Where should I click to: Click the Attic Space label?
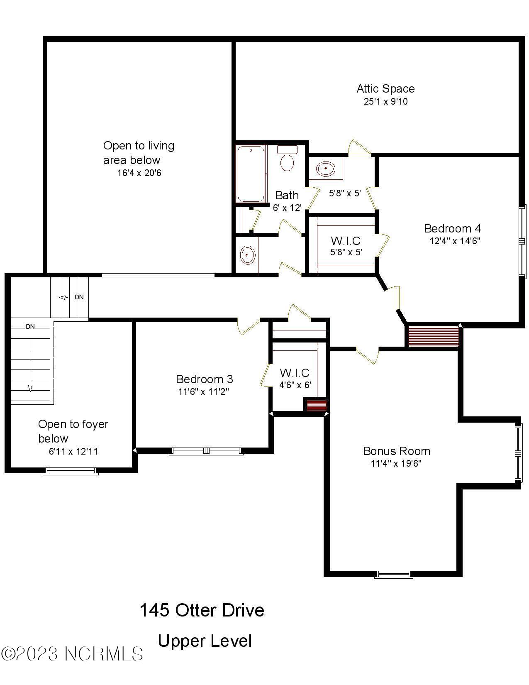385,88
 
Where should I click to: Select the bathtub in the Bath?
251,174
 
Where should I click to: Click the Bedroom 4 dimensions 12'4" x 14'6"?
455,241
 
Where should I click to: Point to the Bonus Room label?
396,451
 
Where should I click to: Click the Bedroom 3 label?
204,379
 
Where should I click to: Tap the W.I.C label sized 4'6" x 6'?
295,373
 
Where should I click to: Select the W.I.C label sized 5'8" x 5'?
345,241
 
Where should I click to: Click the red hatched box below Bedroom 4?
434,336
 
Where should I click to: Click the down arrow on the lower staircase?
30,388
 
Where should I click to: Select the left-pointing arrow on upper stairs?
63,297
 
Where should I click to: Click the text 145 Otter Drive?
202,610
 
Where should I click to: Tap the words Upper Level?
205,641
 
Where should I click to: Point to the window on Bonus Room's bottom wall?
393,575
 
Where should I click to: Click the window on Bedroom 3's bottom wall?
206,451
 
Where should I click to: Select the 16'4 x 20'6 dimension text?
139,173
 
